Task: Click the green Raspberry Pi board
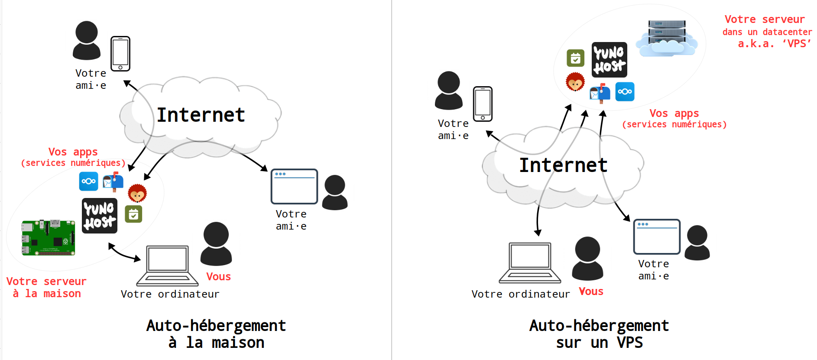coord(49,237)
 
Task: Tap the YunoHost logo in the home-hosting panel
coord(100,216)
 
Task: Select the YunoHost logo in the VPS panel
coord(609,60)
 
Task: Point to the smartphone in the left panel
coord(120,54)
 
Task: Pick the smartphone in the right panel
coord(483,104)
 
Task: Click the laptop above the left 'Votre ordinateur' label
coord(167,266)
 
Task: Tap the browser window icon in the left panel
coord(294,186)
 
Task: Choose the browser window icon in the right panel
coord(657,237)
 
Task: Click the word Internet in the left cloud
coord(201,115)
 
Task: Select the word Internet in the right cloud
coord(563,165)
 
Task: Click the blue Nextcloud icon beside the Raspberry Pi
coord(88,181)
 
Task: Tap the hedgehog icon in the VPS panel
coord(575,82)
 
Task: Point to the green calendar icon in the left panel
coord(133,214)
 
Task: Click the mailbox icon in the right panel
coord(600,93)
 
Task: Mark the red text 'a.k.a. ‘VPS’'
coord(774,44)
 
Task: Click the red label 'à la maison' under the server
coord(47,294)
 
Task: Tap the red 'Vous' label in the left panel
coord(218,277)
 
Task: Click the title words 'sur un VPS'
coord(599,343)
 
